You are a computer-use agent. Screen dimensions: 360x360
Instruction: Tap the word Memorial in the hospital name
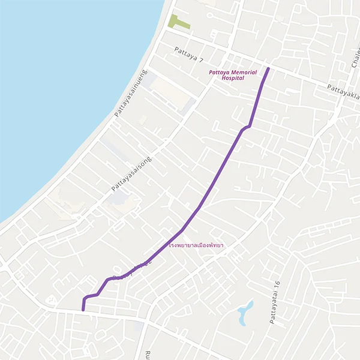[x=241, y=72]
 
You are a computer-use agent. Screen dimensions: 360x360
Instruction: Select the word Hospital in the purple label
[x=233, y=78]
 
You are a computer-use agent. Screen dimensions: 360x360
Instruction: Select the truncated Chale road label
[x=352, y=58]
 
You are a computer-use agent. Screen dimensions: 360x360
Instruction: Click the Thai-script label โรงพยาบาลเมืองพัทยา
[x=197, y=246]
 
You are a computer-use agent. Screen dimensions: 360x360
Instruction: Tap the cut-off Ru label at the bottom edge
[x=146, y=354]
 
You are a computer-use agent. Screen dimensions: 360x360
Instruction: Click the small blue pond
[x=245, y=313]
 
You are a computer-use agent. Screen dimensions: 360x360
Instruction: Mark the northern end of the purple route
[x=268, y=69]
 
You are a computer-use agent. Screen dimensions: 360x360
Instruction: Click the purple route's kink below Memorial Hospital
[x=246, y=127]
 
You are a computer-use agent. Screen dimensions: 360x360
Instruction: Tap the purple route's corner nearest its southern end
[x=85, y=298]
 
